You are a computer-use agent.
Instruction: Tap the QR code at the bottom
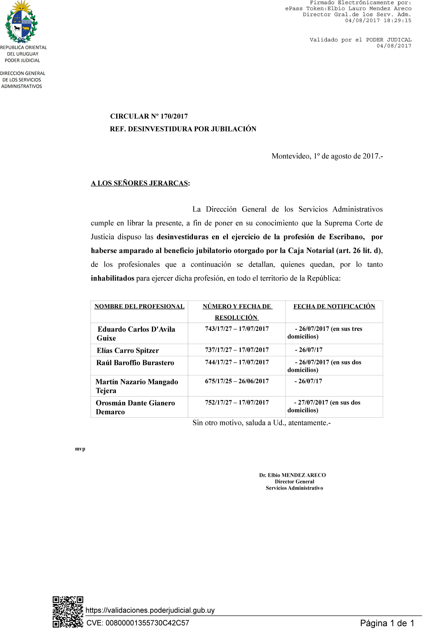(x=68, y=612)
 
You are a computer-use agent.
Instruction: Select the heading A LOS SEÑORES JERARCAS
(x=140, y=183)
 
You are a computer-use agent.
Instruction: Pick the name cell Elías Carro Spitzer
(x=128, y=350)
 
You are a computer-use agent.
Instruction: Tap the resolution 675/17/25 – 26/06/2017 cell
(x=237, y=381)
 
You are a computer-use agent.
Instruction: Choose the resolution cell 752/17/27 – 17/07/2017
(x=237, y=402)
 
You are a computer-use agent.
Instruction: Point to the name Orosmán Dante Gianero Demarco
(x=135, y=407)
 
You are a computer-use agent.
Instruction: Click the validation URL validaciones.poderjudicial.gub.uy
(x=150, y=610)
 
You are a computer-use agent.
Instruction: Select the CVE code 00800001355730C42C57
(x=147, y=623)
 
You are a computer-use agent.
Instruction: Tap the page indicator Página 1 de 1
(x=387, y=623)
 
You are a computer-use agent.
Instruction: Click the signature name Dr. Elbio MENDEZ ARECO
(x=292, y=475)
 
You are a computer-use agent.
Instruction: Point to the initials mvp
(x=80, y=449)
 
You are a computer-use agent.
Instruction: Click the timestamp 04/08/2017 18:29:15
(x=378, y=20)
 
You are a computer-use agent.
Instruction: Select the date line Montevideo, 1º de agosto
(x=327, y=156)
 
